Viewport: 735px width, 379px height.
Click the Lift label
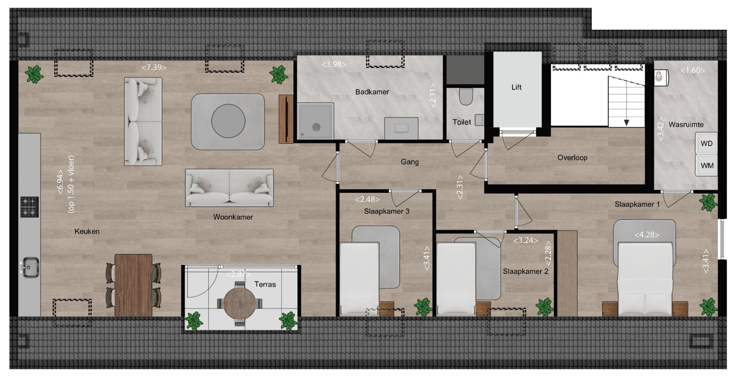pos(516,87)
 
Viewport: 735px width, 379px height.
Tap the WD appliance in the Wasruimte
pos(706,143)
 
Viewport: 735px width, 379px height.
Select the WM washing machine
pos(706,166)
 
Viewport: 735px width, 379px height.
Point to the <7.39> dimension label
pos(154,67)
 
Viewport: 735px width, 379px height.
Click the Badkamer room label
pos(372,92)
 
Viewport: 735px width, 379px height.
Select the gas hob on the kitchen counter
pos(30,207)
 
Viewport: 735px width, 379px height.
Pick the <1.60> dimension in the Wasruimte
pos(692,70)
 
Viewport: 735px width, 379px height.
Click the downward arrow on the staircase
pos(626,122)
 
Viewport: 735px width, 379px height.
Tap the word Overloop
pos(572,158)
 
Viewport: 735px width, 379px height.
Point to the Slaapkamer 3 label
pos(387,211)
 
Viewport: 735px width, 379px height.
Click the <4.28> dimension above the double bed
pos(647,235)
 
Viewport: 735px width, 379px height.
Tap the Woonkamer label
pos(233,217)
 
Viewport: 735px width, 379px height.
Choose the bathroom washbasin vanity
pos(401,128)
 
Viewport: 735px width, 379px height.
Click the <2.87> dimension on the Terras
pos(239,274)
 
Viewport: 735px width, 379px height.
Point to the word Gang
pos(409,162)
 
